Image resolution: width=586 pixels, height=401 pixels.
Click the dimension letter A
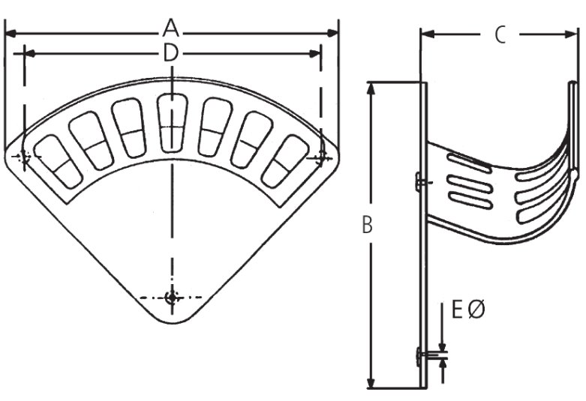click(172, 29)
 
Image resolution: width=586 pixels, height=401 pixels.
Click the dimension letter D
click(172, 53)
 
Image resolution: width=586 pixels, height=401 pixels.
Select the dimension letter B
click(367, 225)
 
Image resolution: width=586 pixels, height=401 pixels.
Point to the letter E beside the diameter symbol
click(457, 309)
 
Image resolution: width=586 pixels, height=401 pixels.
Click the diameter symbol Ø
click(476, 309)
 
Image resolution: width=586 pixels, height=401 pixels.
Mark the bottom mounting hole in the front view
click(173, 298)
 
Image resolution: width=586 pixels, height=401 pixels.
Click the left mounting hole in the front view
click(23, 157)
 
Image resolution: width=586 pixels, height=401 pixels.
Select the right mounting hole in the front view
click(322, 156)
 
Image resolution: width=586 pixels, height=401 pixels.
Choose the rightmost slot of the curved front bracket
click(289, 160)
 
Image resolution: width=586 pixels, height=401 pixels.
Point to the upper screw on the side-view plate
click(420, 181)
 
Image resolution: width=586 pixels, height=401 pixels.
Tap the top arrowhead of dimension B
click(370, 86)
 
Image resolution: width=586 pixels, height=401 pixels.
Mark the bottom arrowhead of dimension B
click(370, 383)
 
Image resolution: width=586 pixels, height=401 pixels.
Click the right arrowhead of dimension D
click(317, 53)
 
